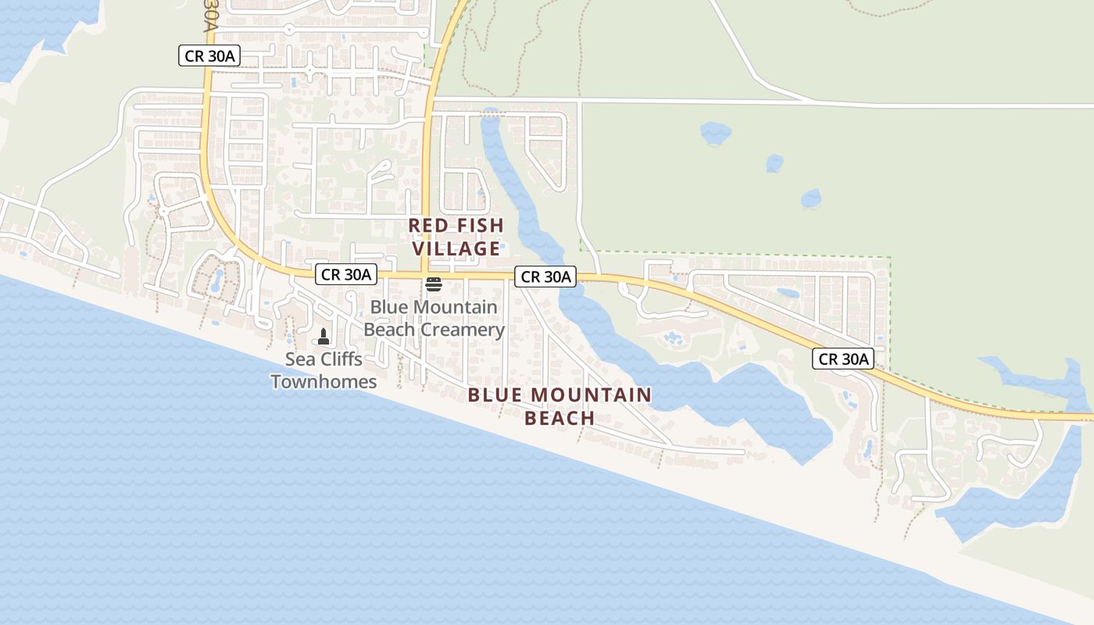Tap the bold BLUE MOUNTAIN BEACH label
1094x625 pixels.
pos(560,406)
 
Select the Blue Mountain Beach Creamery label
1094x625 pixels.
pos(434,318)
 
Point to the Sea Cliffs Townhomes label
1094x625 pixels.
pos(324,370)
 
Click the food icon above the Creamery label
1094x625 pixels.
pos(434,284)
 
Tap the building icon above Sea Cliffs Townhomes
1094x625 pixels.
pos(324,337)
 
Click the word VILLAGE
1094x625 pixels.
pos(456,249)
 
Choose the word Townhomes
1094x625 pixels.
pos(324,382)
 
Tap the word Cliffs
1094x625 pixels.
pos(338,359)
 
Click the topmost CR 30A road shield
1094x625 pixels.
pos(209,55)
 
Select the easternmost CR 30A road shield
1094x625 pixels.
pos(842,359)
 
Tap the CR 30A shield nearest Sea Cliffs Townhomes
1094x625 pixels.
pos(346,274)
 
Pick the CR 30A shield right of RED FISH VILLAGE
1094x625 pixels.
pos(545,277)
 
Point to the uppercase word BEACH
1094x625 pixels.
pos(560,418)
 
